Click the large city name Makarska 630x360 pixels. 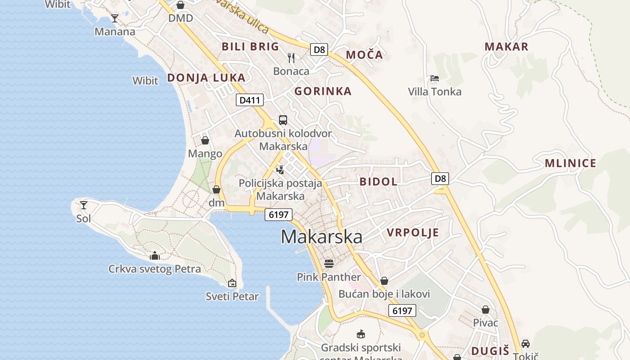pyautogui.click(x=321, y=237)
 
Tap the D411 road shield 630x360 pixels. pyautogui.click(x=249, y=100)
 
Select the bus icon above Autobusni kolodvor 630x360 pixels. pyautogui.click(x=283, y=120)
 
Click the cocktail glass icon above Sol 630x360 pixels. pyautogui.click(x=84, y=205)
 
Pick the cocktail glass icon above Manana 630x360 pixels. pyautogui.click(x=115, y=18)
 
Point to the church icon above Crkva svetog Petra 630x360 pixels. pyautogui.click(x=155, y=256)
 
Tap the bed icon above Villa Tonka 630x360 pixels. pyautogui.click(x=434, y=78)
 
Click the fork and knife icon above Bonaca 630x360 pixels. pyautogui.click(x=291, y=58)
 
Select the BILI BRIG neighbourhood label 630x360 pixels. pyautogui.click(x=250, y=46)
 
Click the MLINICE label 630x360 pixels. pyautogui.click(x=570, y=163)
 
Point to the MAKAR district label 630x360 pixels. pyautogui.click(x=506, y=47)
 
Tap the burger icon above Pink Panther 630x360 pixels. pyautogui.click(x=329, y=263)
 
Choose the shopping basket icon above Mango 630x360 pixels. pyautogui.click(x=205, y=140)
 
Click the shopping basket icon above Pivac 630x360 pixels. pyautogui.click(x=485, y=310)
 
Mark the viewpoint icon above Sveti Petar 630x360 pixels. pyautogui.click(x=232, y=283)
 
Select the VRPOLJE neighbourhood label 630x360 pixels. pyautogui.click(x=413, y=233)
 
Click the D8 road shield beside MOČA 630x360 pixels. pyautogui.click(x=319, y=49)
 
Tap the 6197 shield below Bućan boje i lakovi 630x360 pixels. pyautogui.click(x=402, y=310)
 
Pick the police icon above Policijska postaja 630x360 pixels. pyautogui.click(x=280, y=170)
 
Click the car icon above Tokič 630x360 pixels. pyautogui.click(x=525, y=343)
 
